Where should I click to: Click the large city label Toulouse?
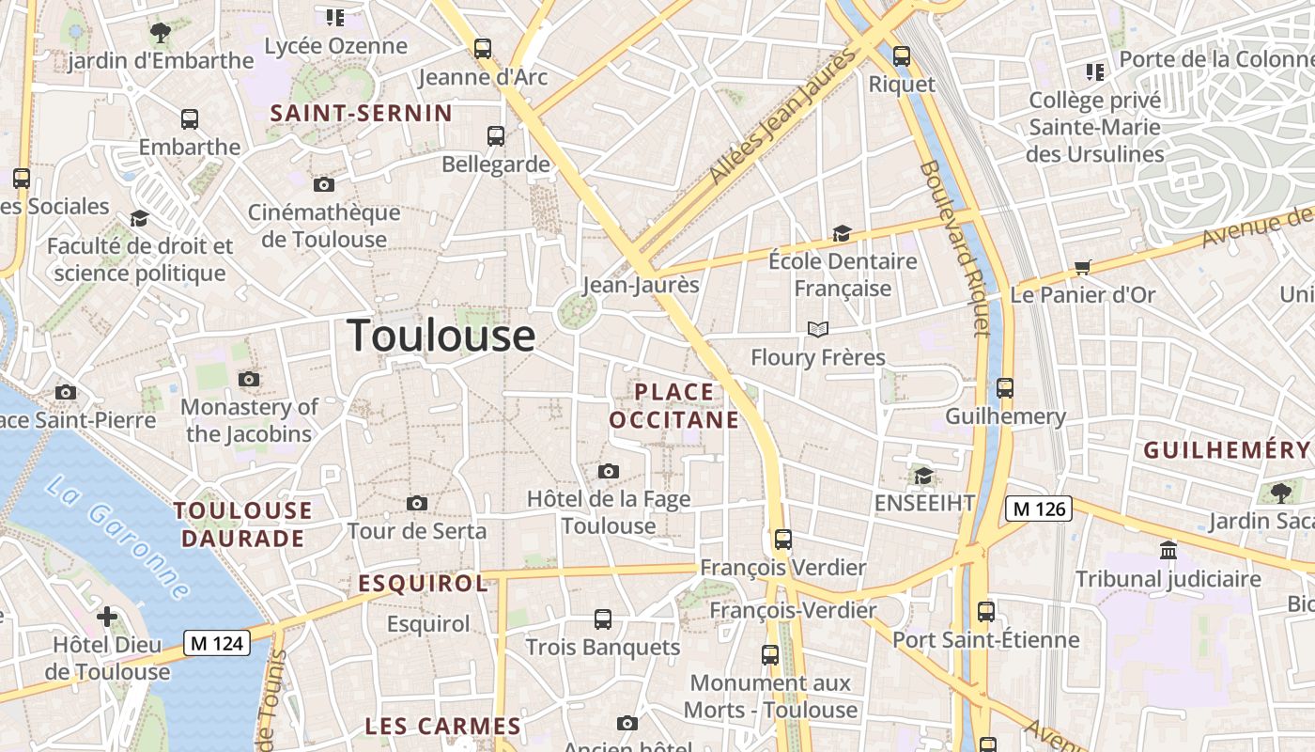[x=441, y=336]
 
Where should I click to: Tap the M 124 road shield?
[x=217, y=643]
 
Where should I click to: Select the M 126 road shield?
[x=1039, y=509]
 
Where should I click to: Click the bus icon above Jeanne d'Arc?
[x=483, y=49]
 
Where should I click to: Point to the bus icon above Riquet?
[x=902, y=56]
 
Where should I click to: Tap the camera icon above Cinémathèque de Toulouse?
[x=324, y=184]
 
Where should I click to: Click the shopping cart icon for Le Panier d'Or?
[x=1083, y=268]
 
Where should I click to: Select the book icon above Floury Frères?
[x=818, y=329]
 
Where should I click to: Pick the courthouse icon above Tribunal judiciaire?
[x=1168, y=550]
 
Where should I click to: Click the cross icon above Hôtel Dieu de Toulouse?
[x=107, y=617]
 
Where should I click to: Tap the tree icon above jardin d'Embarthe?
[x=161, y=33]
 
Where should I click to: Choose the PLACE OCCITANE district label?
[x=674, y=405]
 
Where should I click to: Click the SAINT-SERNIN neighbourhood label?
[x=362, y=114]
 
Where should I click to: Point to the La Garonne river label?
[x=116, y=538]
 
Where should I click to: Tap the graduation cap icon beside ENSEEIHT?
[x=923, y=476]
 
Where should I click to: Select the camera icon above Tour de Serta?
[x=417, y=504]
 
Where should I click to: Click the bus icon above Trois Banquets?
[x=603, y=619]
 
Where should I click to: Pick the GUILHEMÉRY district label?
[x=1226, y=450]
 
